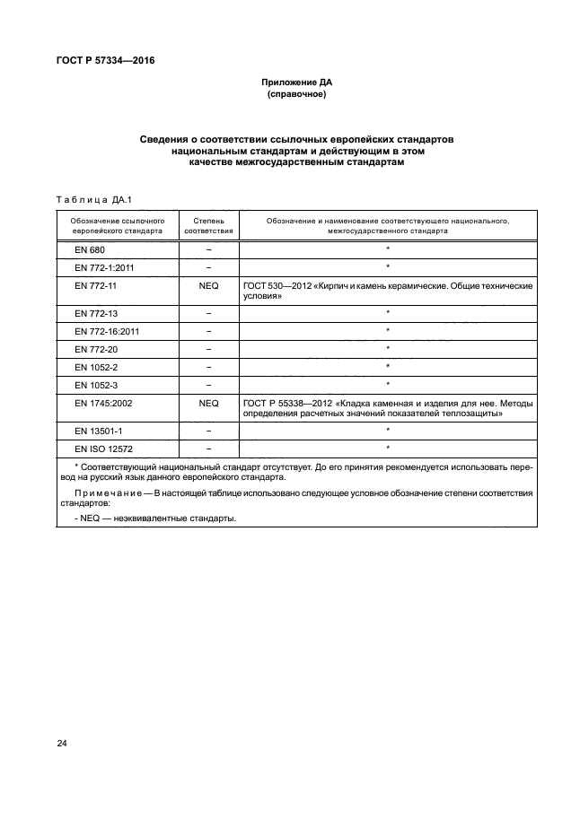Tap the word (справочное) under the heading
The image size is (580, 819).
[295, 94]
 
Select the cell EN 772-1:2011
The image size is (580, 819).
[104, 266]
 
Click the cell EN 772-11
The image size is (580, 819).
[96, 284]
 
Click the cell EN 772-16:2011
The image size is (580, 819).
[107, 330]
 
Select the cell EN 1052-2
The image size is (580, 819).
[96, 367]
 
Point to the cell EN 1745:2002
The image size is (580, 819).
[103, 404]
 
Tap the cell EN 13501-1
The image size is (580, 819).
[99, 431]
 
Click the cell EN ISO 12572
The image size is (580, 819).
[104, 448]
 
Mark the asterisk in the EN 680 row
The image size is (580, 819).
[387, 248]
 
